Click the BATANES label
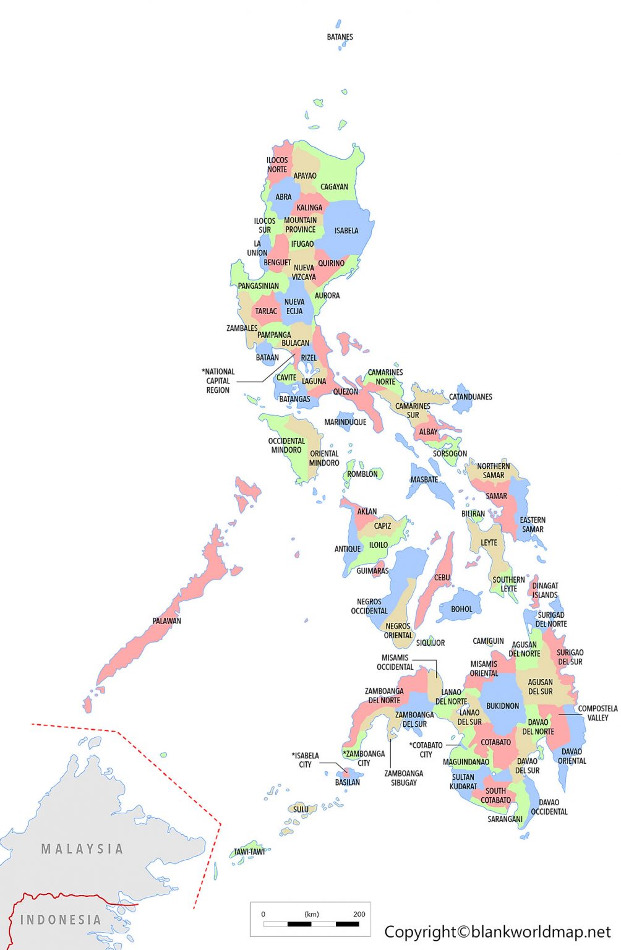[x=340, y=37]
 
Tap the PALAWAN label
[x=167, y=621]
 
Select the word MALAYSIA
[x=82, y=849]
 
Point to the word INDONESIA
[x=61, y=920]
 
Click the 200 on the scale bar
[x=359, y=914]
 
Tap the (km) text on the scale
[x=312, y=914]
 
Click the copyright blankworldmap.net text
[x=497, y=931]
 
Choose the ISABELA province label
[x=346, y=231]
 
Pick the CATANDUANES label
[x=471, y=397]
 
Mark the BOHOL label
[x=461, y=609]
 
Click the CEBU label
[x=442, y=578]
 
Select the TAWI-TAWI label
[x=249, y=852]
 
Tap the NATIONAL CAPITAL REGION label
[x=218, y=381]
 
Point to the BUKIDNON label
[x=502, y=706]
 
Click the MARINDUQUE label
[x=345, y=422]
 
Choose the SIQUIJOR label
[x=430, y=643]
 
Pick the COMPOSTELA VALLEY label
[x=597, y=713]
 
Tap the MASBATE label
[x=424, y=480]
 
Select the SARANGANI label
[x=505, y=819]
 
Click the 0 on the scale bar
[x=263, y=914]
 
